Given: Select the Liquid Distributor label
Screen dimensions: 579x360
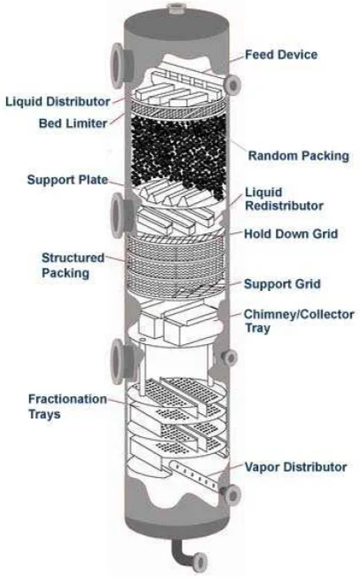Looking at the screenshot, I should point(56,99).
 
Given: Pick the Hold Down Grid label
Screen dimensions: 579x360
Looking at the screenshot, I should point(288,235).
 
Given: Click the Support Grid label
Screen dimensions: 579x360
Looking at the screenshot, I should point(282,284).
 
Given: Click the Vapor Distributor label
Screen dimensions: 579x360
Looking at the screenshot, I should point(295,466).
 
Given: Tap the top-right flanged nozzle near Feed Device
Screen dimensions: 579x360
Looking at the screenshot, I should point(232,83).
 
